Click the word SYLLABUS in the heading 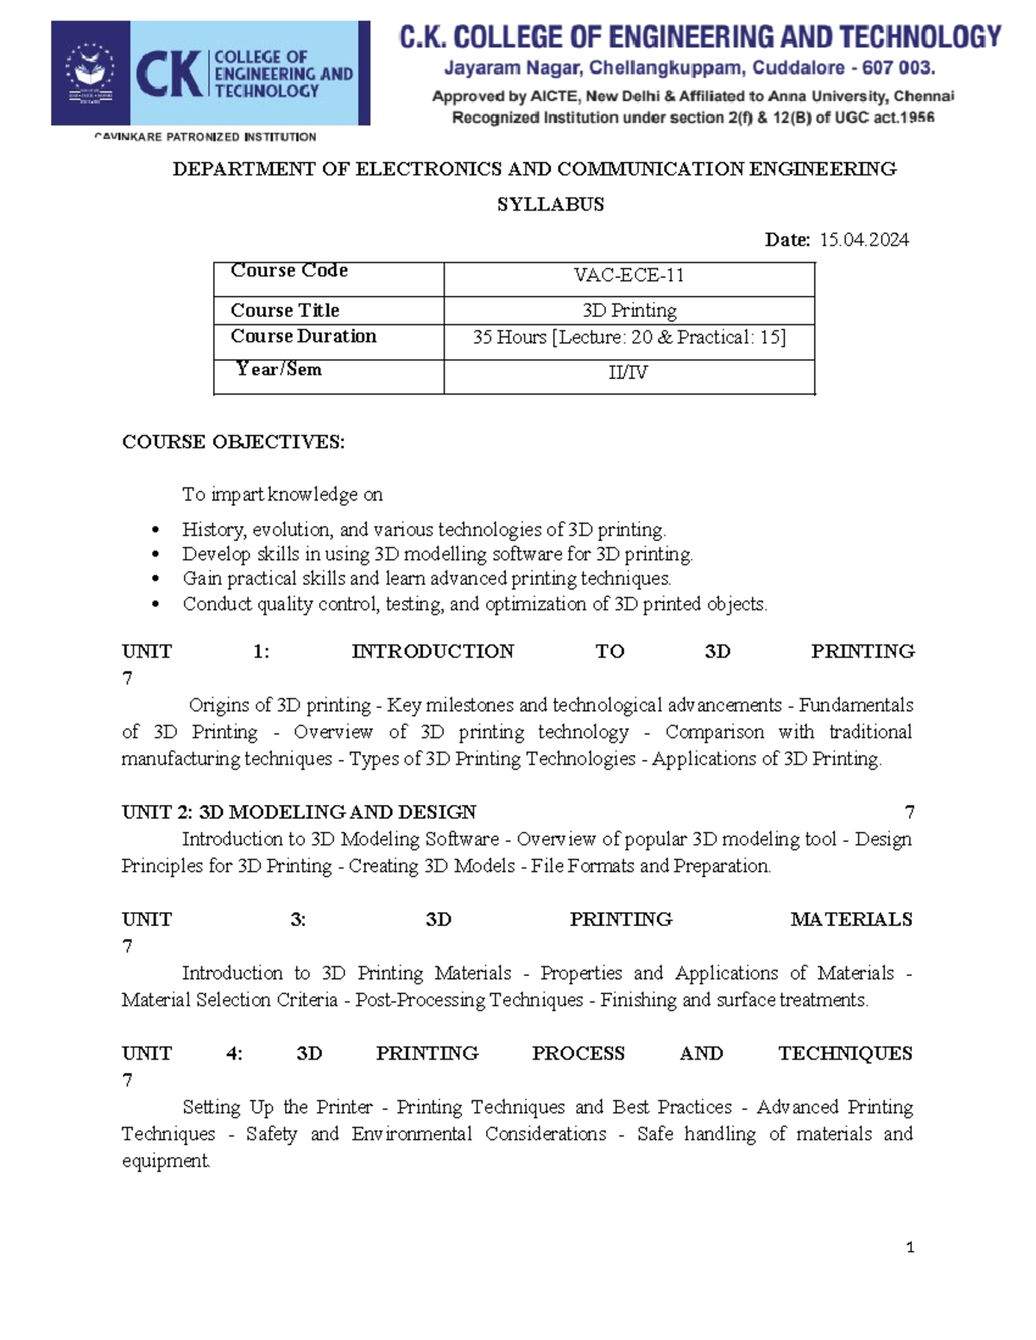550,204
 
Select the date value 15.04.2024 863,240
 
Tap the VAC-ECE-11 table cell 629,275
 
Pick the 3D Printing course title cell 629,311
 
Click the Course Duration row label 303,337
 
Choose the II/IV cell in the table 629,373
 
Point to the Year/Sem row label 279,369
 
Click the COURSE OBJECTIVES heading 233,442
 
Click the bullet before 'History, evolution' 155,530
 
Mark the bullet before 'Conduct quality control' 155,604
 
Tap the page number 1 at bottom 910,1247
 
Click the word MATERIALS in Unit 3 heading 850,920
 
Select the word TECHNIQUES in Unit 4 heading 844,1054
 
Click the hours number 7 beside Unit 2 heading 909,812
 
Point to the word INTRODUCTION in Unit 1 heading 433,651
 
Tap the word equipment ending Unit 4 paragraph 165,1161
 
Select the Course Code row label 288,271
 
